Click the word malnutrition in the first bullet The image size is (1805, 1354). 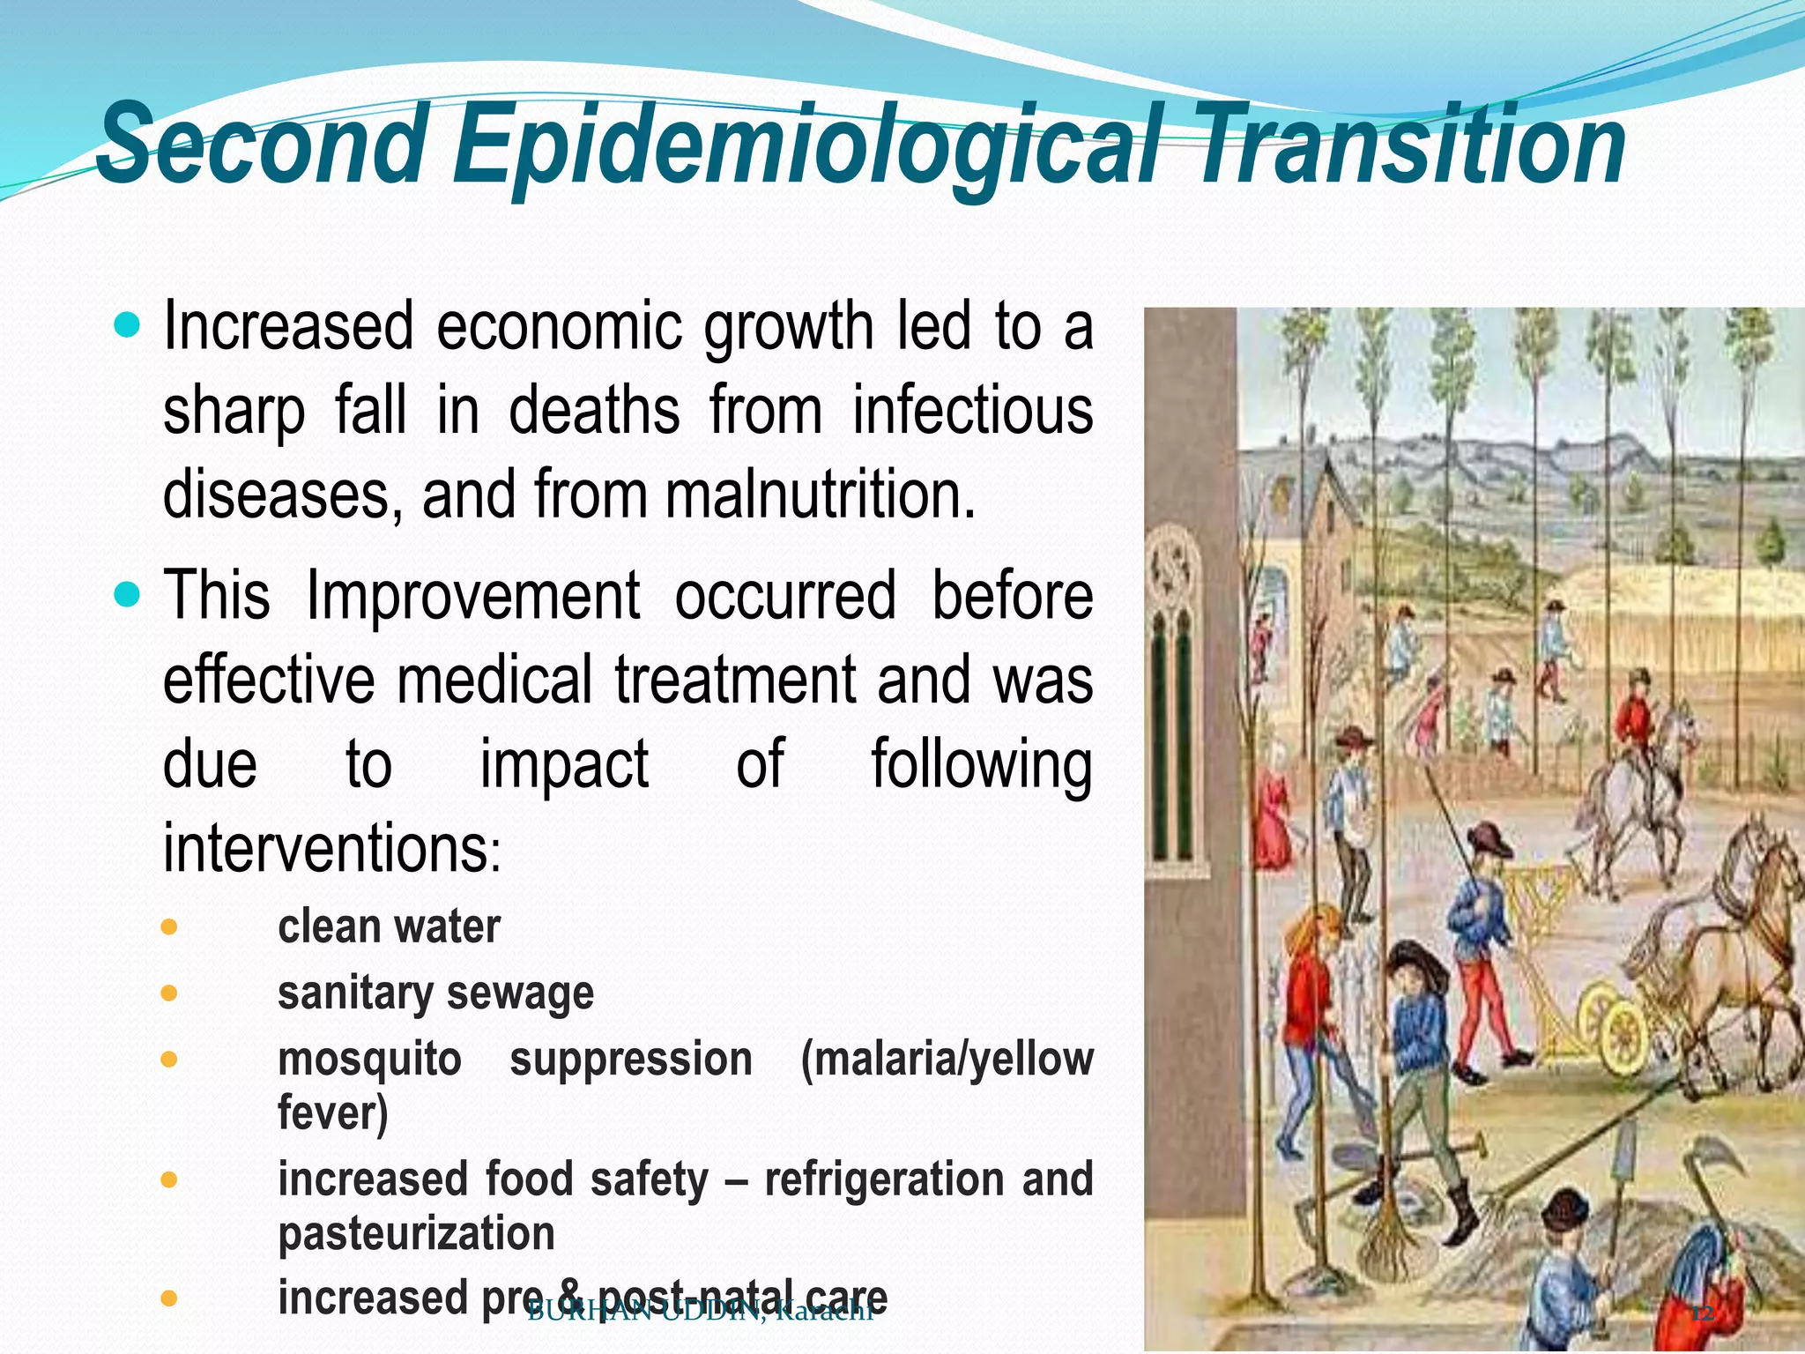(x=820, y=495)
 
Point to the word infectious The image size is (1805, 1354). (x=972, y=411)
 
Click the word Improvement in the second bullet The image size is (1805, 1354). (x=472, y=596)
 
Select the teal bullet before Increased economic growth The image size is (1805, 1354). (x=128, y=327)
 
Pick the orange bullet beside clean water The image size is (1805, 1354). (x=170, y=927)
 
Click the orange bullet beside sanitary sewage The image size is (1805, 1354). (x=170, y=993)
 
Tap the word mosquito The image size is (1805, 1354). (x=369, y=1060)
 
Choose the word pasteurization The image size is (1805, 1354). (x=416, y=1233)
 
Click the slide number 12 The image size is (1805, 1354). (x=1702, y=1314)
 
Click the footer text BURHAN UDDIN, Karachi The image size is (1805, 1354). (x=700, y=1312)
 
